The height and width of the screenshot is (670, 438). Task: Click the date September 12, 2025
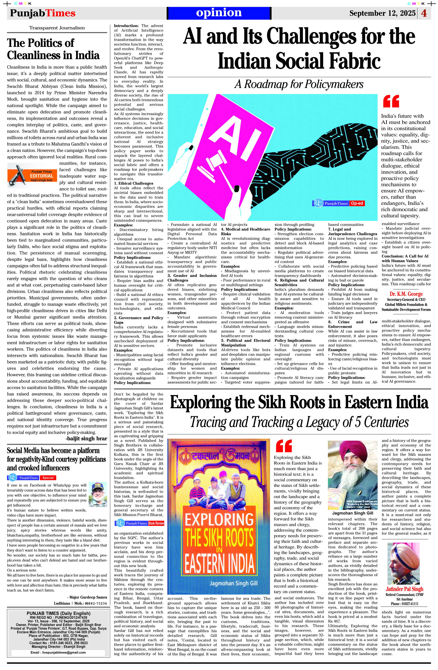(x=382, y=13)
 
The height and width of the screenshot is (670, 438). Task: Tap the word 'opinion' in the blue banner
(x=219, y=13)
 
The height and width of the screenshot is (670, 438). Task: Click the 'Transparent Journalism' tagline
(x=57, y=28)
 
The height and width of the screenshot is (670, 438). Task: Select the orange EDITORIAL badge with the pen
(x=33, y=175)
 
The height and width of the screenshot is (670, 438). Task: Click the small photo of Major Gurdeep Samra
(x=98, y=494)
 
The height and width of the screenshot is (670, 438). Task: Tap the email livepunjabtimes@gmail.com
(x=58, y=652)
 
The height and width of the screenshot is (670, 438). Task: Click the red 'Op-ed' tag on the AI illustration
(x=357, y=203)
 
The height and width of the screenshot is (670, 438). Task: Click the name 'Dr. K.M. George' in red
(x=406, y=294)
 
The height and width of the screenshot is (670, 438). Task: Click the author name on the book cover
(x=233, y=583)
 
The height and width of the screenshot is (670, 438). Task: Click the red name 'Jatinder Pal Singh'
(x=404, y=589)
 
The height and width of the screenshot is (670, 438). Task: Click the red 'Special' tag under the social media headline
(x=48, y=478)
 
